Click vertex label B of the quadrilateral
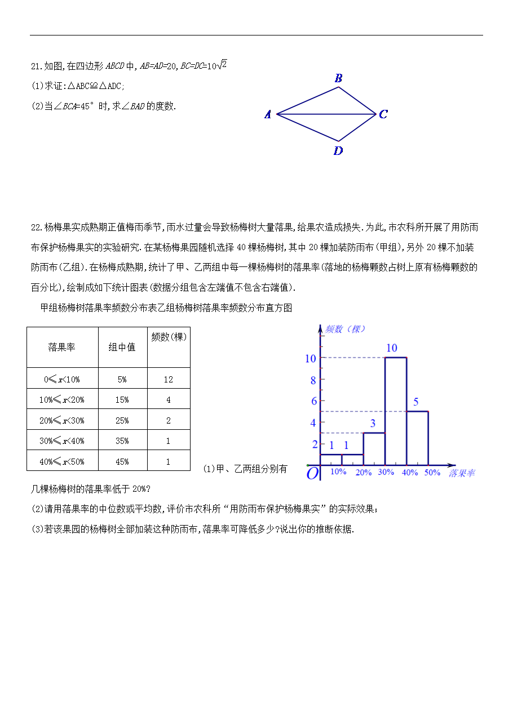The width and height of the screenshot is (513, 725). (x=338, y=78)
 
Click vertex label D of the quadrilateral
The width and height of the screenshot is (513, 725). (x=338, y=151)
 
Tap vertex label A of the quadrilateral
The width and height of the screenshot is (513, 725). (x=268, y=115)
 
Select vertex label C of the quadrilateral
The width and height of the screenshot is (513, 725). (x=383, y=114)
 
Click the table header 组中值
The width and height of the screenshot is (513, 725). (x=122, y=348)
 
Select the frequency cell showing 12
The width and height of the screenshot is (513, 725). (x=169, y=379)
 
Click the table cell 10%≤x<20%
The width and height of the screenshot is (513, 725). (x=62, y=400)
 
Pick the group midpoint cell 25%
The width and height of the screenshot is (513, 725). (x=122, y=421)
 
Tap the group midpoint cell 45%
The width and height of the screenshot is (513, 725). (x=122, y=462)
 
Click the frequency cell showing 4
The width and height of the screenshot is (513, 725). (x=169, y=400)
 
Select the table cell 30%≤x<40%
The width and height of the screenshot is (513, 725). (x=62, y=441)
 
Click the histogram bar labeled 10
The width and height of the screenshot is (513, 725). (x=396, y=411)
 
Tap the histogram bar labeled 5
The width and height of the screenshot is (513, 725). (x=417, y=438)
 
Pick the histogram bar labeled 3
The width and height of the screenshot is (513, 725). (x=374, y=449)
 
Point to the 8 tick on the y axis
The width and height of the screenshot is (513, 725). (x=313, y=380)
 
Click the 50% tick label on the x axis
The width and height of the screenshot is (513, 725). (x=432, y=473)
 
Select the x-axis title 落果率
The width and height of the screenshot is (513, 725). (x=462, y=473)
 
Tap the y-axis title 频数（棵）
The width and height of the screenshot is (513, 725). (x=346, y=329)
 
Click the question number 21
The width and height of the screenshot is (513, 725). (x=36, y=66)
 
